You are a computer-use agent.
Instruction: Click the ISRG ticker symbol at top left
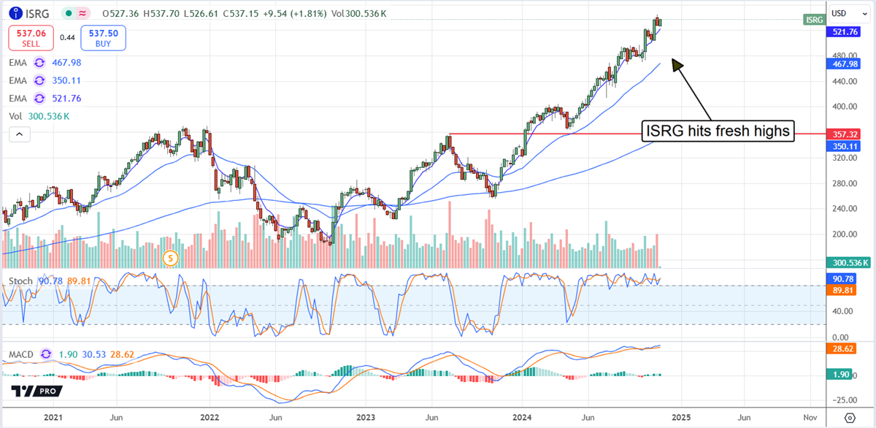click(x=37, y=13)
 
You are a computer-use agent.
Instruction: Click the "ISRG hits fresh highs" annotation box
click(x=718, y=131)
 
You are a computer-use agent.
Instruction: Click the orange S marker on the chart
click(x=171, y=257)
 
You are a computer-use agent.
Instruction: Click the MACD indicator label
click(x=22, y=354)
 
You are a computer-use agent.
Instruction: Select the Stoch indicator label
click(x=21, y=280)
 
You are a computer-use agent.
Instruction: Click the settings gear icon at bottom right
click(x=849, y=418)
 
